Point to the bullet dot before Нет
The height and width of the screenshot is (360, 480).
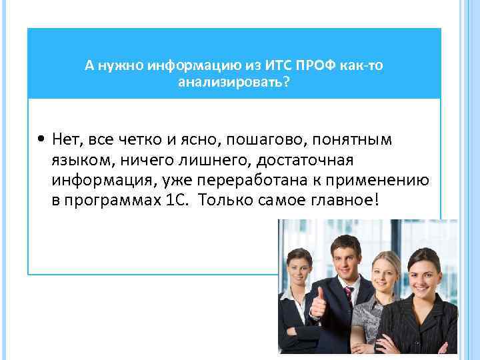pyautogui.click(x=42, y=141)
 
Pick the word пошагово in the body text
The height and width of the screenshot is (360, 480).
pyautogui.click(x=262, y=140)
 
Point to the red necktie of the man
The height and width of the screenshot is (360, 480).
pyautogui.click(x=348, y=300)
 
